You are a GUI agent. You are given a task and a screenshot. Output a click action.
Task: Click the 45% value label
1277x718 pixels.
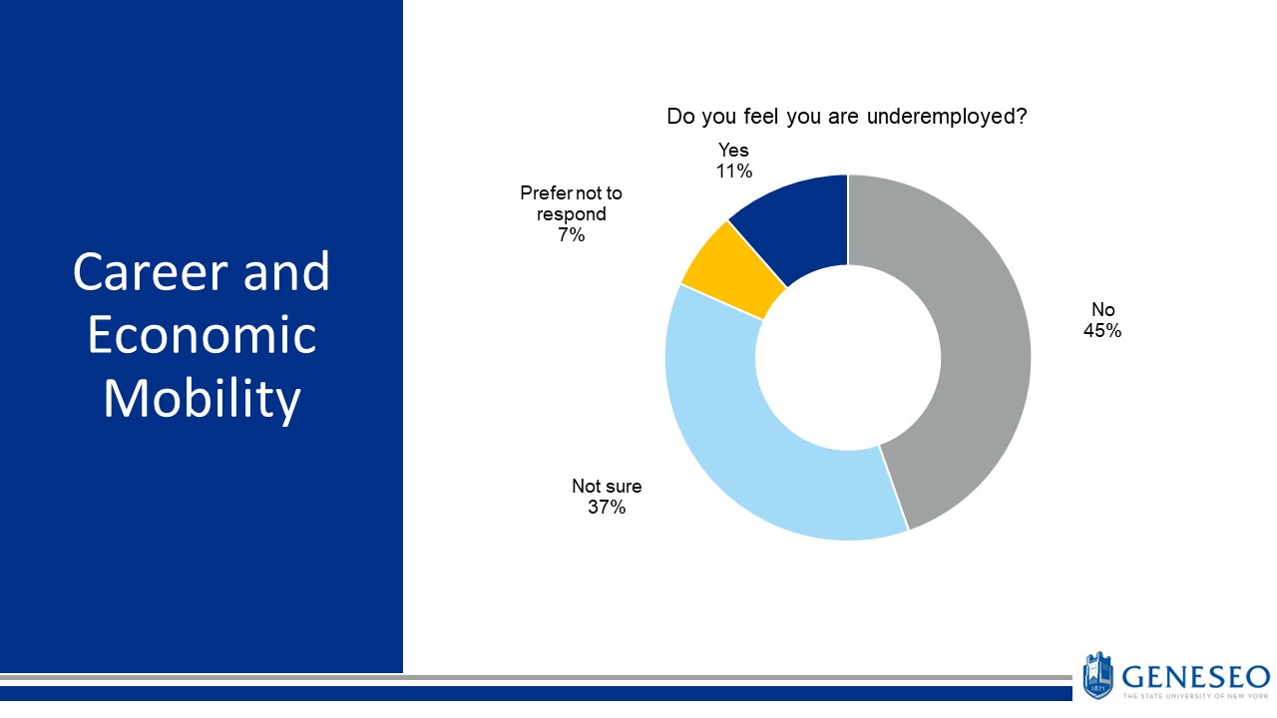tap(1102, 331)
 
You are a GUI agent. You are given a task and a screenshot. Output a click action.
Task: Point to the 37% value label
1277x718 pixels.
tap(607, 508)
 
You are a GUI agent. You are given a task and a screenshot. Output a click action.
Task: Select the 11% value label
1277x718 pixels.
tap(733, 171)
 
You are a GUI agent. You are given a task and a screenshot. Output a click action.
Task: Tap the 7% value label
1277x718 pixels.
tap(572, 235)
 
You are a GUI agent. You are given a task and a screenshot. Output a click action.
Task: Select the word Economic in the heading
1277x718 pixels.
tap(202, 335)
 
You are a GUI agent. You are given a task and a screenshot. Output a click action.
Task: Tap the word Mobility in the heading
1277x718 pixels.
tap(202, 399)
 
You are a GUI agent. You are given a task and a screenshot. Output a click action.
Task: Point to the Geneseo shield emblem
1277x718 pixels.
tap(1098, 675)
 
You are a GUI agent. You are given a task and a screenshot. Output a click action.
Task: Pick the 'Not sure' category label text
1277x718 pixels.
tap(607, 487)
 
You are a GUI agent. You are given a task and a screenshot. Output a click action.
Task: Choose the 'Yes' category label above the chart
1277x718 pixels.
tap(733, 150)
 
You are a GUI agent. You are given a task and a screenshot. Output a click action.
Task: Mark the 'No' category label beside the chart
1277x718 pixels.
tap(1102, 310)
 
